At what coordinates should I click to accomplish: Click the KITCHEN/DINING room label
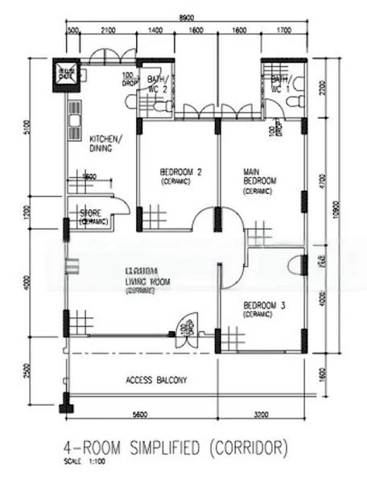106,142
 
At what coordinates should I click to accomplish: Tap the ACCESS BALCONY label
156,380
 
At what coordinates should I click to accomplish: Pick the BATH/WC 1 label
281,85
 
